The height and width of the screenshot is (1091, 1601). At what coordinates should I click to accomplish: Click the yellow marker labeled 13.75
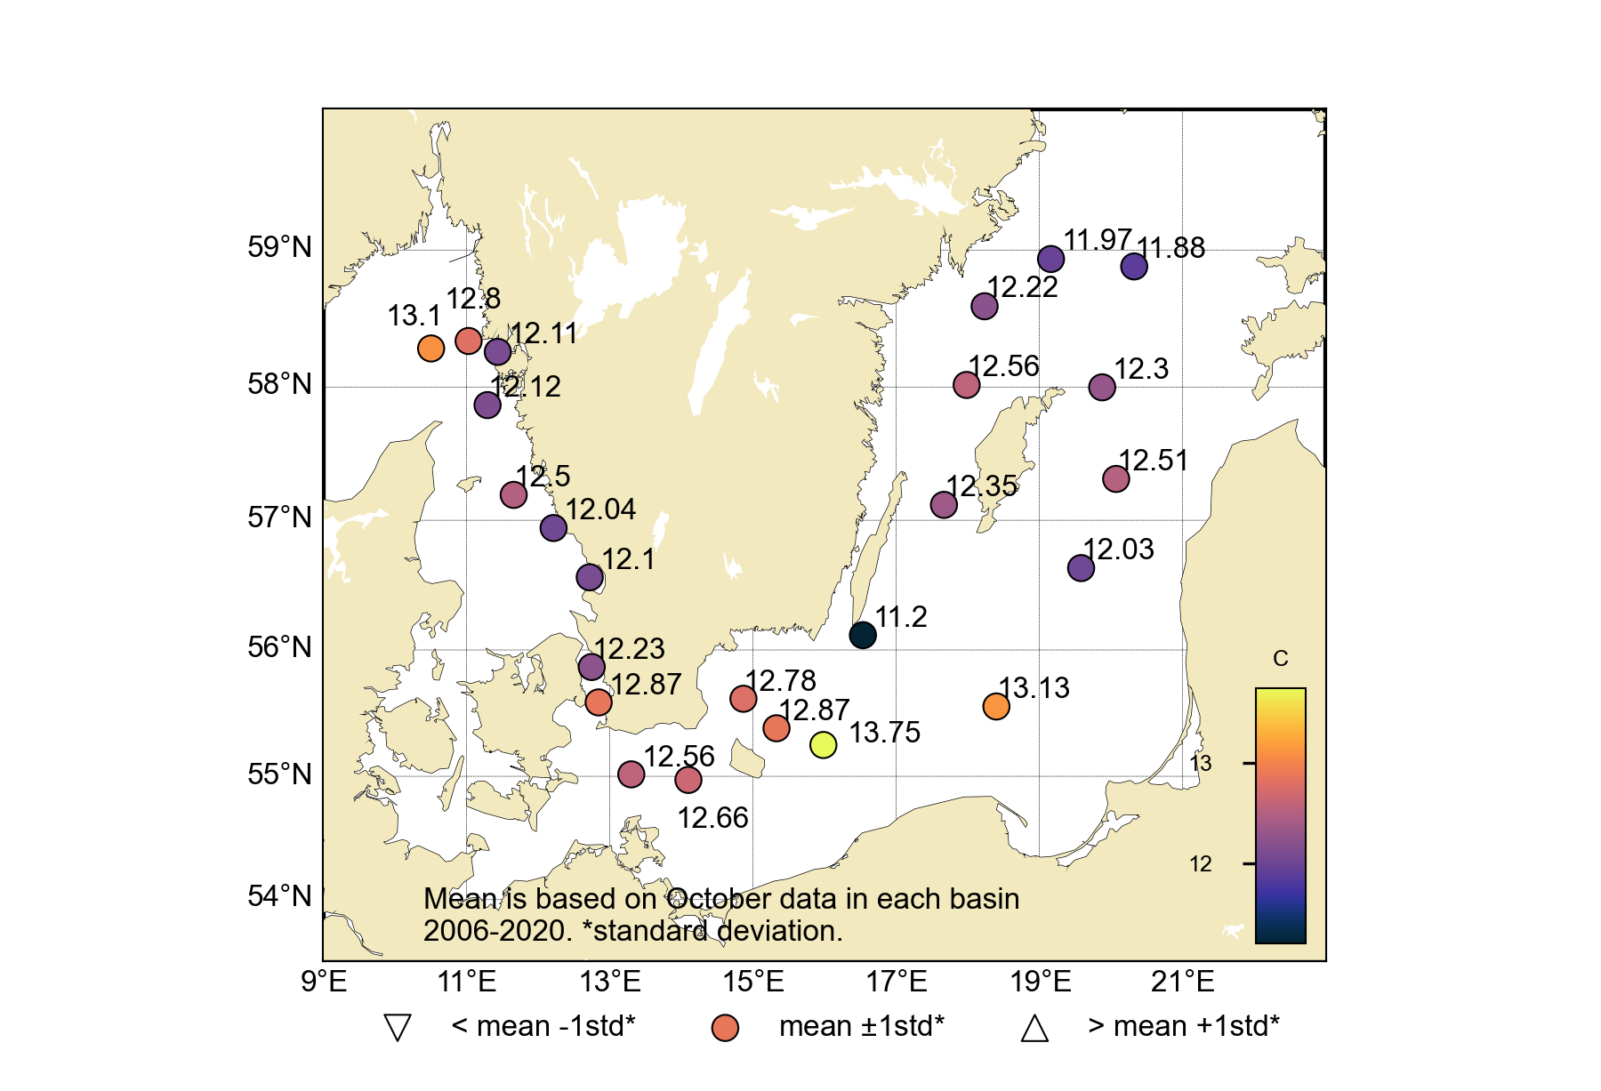click(x=824, y=744)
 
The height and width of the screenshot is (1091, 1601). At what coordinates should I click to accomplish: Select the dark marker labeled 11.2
click(x=863, y=635)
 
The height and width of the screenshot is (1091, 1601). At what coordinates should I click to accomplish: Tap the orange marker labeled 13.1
click(x=430, y=348)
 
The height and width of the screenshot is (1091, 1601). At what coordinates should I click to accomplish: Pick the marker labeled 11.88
click(x=1134, y=266)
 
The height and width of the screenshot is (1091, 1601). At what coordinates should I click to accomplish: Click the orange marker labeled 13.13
click(x=996, y=706)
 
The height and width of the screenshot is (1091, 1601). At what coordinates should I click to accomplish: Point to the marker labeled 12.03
click(x=1081, y=567)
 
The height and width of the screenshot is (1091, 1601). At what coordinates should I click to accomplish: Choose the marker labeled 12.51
click(x=1115, y=478)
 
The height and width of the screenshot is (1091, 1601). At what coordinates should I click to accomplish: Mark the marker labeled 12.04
click(x=553, y=527)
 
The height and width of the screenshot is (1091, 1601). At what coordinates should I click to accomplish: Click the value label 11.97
click(x=1097, y=239)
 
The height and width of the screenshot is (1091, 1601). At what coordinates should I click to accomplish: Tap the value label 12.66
click(x=712, y=818)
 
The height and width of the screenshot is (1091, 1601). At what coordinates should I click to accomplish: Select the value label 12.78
click(x=780, y=681)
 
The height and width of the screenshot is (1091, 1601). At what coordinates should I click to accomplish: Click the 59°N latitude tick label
click(x=280, y=247)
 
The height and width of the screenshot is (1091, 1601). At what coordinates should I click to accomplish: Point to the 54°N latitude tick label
click(x=280, y=896)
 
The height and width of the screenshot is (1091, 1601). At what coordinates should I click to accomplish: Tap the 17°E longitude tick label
click(x=897, y=983)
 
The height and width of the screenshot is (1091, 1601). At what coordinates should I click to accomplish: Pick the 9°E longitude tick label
click(x=324, y=983)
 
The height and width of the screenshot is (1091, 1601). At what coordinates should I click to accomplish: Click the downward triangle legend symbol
click(x=398, y=1028)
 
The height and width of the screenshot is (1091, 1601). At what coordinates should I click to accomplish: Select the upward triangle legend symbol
click(x=1034, y=1028)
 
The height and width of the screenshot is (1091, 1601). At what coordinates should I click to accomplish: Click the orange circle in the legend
click(x=726, y=1028)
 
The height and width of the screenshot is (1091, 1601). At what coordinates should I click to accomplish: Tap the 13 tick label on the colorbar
click(x=1201, y=764)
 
